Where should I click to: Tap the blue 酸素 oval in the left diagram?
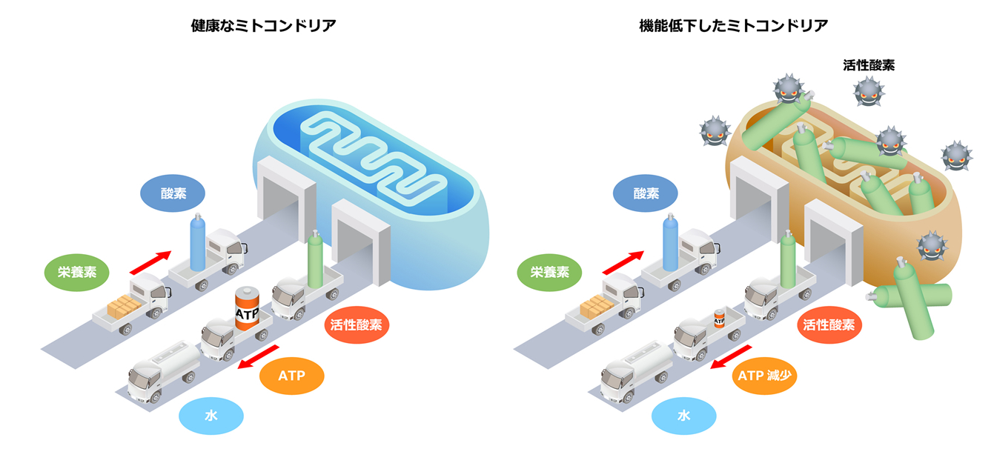click(173, 193)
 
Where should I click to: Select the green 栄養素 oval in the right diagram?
click(549, 271)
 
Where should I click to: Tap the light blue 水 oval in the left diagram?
click(211, 416)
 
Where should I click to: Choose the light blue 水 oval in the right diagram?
click(684, 416)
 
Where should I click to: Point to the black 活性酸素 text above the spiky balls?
click(869, 65)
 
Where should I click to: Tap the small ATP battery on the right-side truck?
click(718, 319)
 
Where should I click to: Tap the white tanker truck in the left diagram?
click(162, 371)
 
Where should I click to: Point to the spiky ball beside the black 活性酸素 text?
click(869, 92)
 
